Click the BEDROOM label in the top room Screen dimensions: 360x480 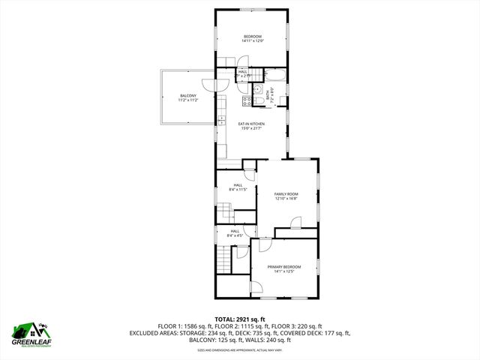pos(252,37)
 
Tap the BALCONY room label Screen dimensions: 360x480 pos(188,95)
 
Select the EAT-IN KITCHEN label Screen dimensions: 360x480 pos(252,124)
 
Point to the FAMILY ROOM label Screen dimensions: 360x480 pos(286,193)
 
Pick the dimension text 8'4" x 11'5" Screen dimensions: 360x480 pos(237,190)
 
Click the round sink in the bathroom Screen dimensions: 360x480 pos(257,93)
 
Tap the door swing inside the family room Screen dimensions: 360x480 pos(295,223)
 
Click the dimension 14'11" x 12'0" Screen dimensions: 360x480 pos(252,41)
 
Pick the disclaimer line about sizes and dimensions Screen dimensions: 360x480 pos(240,349)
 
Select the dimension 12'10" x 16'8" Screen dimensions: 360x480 pos(286,199)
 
